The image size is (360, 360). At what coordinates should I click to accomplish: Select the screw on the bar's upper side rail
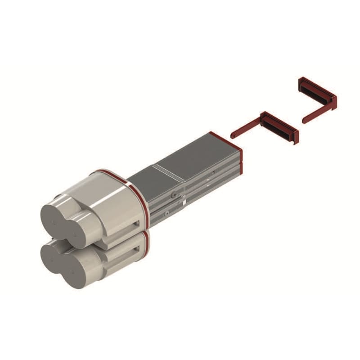(174, 194)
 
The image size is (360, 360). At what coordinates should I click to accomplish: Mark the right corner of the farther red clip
(334, 101)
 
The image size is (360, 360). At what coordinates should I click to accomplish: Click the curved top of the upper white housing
(110, 180)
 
